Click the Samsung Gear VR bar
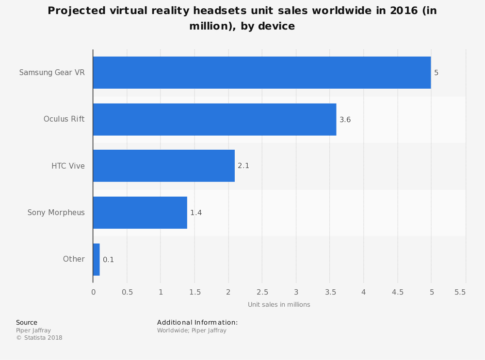click(262, 73)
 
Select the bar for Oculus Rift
click(214, 119)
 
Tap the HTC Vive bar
click(163, 166)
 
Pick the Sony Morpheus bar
click(140, 212)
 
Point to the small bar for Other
click(96, 259)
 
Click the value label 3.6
click(345, 119)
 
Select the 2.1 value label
click(243, 166)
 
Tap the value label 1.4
click(196, 212)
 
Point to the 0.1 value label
click(108, 260)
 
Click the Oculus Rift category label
click(64, 119)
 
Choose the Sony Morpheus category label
click(56, 212)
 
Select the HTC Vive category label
click(68, 166)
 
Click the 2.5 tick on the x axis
click(262, 292)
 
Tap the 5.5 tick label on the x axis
click(460, 292)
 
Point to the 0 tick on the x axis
click(93, 292)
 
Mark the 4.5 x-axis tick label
click(397, 292)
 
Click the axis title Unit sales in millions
click(279, 305)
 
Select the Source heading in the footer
click(27, 323)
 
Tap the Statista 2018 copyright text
click(39, 338)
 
